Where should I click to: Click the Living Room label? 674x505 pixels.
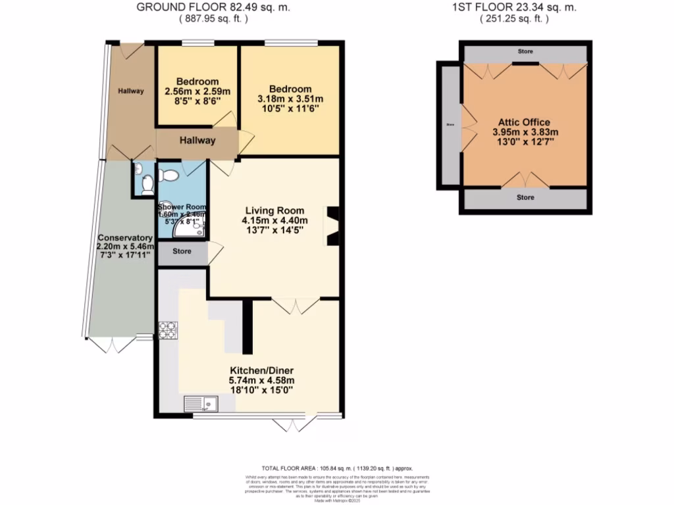[x=274, y=210]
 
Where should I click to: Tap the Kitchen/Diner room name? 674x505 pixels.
[x=261, y=370]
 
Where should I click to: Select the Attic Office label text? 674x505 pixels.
[x=521, y=122]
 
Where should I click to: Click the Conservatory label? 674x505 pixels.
[x=125, y=237]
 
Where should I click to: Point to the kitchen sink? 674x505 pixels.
[x=201, y=403]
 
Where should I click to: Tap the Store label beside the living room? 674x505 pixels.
[x=182, y=251]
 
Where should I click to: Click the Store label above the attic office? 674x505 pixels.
[x=525, y=51]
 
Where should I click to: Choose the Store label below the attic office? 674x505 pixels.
[x=525, y=197]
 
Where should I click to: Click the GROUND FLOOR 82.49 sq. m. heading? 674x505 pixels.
[x=213, y=8]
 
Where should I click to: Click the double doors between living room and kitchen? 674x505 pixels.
[x=296, y=304]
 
